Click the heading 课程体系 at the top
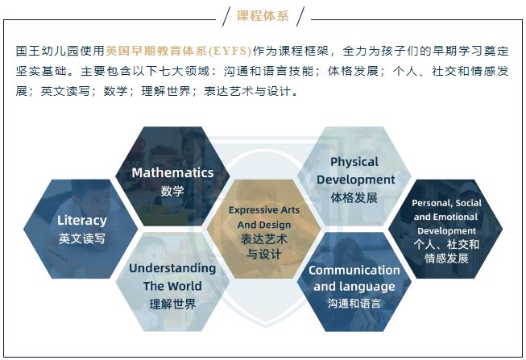tap(263, 16)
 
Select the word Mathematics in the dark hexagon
tap(172, 172)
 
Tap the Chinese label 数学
tap(172, 191)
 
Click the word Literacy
tap(82, 221)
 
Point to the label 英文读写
tap(82, 238)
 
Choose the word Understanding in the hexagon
tap(172, 268)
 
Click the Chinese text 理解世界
tap(172, 304)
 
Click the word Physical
tap(354, 162)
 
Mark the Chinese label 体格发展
tap(354, 197)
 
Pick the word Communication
tap(354, 270)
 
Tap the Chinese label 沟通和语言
tap(354, 304)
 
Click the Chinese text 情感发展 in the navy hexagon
tap(446, 259)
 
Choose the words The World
tap(172, 286)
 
